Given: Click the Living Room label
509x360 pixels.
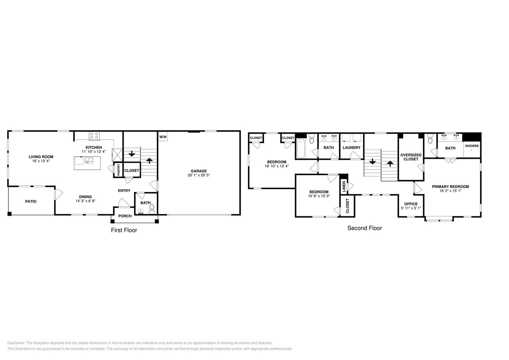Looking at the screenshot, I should pyautogui.click(x=41, y=157).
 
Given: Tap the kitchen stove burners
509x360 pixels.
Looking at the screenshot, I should pyautogui.click(x=94, y=136).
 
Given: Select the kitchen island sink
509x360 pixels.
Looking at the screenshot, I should pyautogui.click(x=89, y=160).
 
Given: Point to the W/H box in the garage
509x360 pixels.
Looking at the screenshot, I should pyautogui.click(x=163, y=137).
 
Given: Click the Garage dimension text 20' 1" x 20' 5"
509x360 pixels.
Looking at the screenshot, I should pyautogui.click(x=199, y=175).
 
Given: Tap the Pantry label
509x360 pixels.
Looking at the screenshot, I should pyautogui.click(x=118, y=170).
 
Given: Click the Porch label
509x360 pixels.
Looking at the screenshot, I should pyautogui.click(x=125, y=216).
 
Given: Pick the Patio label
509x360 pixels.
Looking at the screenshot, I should pyautogui.click(x=31, y=201).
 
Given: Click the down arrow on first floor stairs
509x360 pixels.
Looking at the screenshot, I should pyautogui.click(x=132, y=153).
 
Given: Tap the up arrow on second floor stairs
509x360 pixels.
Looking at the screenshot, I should pyautogui.click(x=390, y=163).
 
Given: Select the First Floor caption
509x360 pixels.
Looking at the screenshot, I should pyautogui.click(x=124, y=230).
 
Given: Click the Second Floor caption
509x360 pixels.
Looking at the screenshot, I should pyautogui.click(x=364, y=228).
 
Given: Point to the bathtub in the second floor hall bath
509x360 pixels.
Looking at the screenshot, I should pyautogui.click(x=301, y=148).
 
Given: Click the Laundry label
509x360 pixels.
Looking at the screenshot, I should pyautogui.click(x=351, y=148).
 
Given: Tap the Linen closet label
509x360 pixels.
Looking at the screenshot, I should pyautogui.click(x=344, y=186).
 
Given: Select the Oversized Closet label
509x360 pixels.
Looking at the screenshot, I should pyautogui.click(x=411, y=157).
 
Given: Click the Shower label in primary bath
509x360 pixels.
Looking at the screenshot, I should pyautogui.click(x=471, y=146).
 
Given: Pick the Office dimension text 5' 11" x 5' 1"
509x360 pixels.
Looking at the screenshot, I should pyautogui.click(x=411, y=208).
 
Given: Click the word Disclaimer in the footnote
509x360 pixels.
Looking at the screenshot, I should pyautogui.click(x=16, y=343).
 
